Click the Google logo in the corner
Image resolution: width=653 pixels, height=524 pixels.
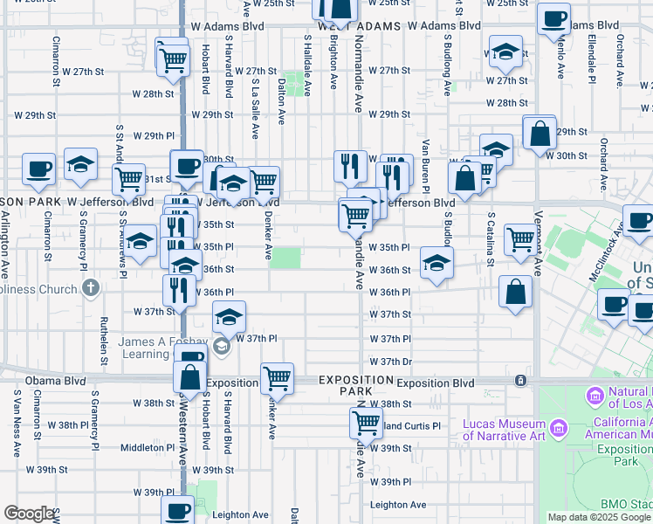(x=30, y=514)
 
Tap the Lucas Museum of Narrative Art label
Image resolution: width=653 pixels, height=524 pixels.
(x=504, y=429)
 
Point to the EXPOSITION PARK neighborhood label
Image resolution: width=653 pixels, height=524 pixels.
(x=356, y=386)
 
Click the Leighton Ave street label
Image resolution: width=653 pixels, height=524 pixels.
(x=398, y=505)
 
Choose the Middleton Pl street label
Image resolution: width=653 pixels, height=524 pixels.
(x=148, y=447)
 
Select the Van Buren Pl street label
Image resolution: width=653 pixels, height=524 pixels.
(x=425, y=165)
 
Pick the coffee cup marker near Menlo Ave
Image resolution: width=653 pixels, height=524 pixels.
(x=553, y=19)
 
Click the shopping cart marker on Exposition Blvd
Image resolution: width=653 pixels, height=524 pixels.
(x=277, y=377)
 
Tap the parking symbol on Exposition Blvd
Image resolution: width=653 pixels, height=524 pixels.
(x=520, y=381)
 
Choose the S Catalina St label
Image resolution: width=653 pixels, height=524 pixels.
(x=491, y=238)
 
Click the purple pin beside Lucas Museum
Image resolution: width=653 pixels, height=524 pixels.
(x=558, y=428)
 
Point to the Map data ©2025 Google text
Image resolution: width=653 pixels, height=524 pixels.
(x=599, y=517)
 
